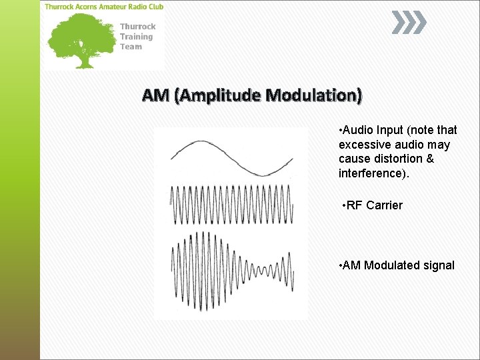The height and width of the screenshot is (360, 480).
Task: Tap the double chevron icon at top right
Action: point(407,23)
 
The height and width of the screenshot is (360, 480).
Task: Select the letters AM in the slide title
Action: point(155,95)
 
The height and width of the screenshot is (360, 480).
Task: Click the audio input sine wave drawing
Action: point(231,158)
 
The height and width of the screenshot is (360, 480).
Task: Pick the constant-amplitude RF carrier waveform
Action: point(231,205)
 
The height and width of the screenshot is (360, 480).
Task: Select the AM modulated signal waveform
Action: point(231,270)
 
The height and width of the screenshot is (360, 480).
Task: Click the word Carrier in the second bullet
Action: point(384,205)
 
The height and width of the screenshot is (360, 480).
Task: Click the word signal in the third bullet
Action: point(439,265)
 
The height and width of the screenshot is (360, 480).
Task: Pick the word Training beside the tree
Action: point(136,37)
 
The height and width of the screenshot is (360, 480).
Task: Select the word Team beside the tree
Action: point(131,47)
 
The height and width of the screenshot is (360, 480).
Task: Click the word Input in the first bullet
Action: point(390,130)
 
